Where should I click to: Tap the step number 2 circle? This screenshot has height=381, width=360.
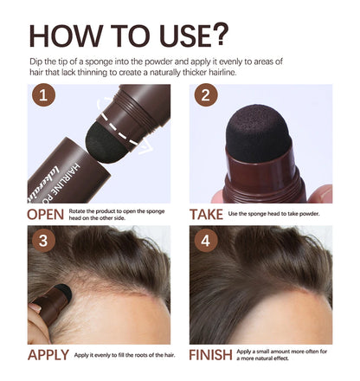(x=205, y=98)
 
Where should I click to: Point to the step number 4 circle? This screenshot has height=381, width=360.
(x=205, y=240)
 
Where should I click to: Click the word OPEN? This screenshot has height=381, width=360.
(x=46, y=214)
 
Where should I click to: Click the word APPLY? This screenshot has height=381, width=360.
(x=48, y=355)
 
